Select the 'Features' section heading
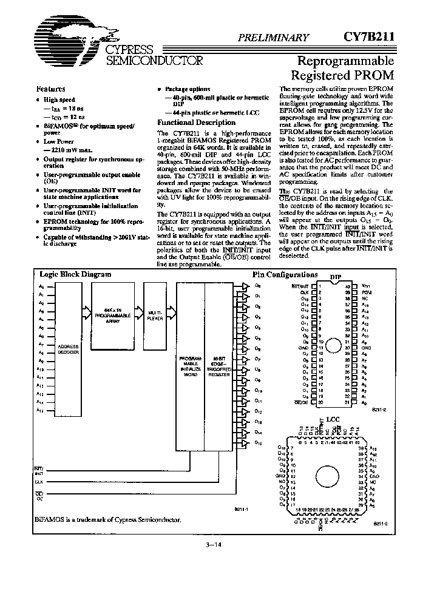(51, 89)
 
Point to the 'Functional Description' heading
(188, 122)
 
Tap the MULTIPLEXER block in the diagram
(155, 315)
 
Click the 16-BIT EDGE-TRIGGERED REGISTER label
(219, 368)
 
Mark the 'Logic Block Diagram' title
(75, 274)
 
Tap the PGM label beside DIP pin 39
(365, 291)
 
